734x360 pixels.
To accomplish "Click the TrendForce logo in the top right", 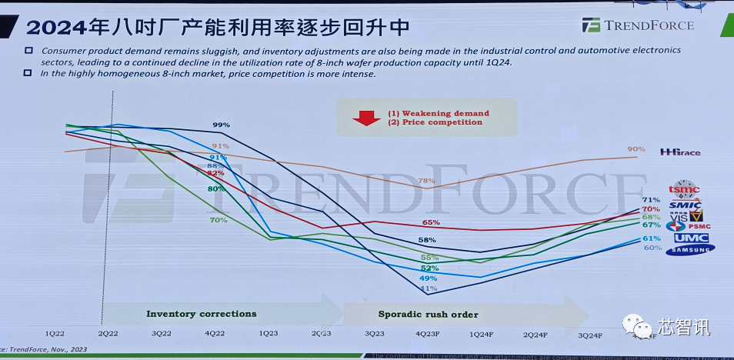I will pos(638,25).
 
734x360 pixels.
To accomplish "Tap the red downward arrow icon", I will pos(364,118).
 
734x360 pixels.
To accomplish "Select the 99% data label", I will pos(221,125).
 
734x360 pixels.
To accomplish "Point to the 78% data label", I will pos(426,181).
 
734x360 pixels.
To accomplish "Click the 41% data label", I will pos(429,288).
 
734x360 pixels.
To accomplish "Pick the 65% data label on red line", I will pos(431,222).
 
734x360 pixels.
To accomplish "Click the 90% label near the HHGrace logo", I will pos(636,149).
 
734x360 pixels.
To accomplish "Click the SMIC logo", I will pos(685,205).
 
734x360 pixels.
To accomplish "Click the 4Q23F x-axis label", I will pos(427,335).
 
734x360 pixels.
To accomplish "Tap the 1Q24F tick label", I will pos(481,335).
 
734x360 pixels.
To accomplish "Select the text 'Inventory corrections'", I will pos(202,314).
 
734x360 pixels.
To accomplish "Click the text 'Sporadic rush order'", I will pos(428,314).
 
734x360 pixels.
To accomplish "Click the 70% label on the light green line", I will pos(218,221).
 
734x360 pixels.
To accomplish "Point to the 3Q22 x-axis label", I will pos(161,334).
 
